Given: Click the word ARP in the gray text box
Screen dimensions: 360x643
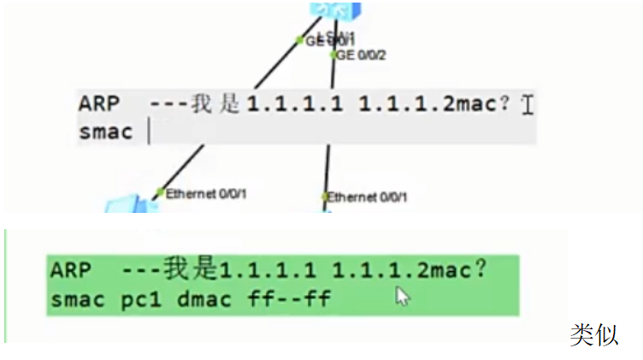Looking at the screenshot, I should click(99, 104).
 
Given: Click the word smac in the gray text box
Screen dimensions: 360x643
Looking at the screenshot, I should click(106, 133).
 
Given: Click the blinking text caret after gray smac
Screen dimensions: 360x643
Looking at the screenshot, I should click(149, 132).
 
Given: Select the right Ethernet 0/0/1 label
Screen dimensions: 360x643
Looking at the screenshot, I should click(368, 198).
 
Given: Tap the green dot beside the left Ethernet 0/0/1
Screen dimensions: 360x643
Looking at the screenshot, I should click(159, 192).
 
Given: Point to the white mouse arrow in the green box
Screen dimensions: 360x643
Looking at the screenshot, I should click(403, 297).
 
